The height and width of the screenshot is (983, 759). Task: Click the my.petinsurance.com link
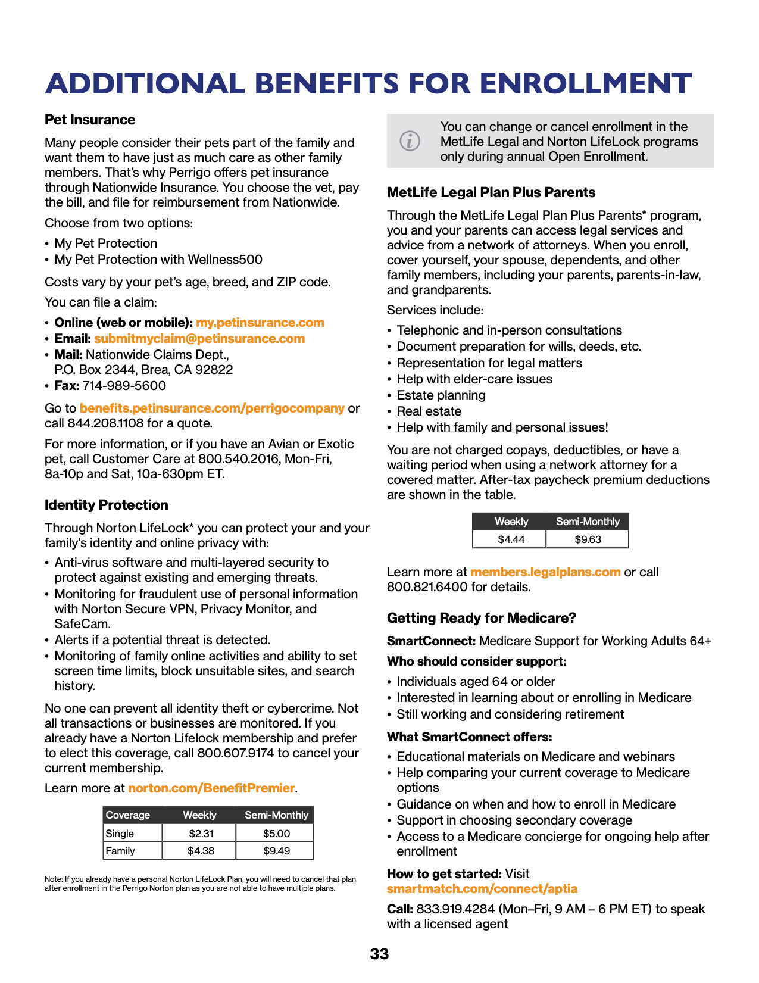pos(260,323)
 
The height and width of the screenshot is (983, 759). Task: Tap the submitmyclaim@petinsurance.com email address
pos(199,339)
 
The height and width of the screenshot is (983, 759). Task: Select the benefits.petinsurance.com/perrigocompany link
pos(212,408)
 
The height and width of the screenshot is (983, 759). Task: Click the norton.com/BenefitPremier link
pos(211,788)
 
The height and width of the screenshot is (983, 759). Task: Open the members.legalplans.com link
pos(545,572)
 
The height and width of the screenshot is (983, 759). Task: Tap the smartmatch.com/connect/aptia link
pos(482,889)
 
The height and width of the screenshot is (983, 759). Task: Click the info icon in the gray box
pos(410,141)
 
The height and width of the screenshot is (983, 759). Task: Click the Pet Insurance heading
pos(90,120)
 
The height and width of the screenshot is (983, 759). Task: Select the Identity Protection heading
pos(107,505)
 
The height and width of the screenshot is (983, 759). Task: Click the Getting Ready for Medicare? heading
pos(482,618)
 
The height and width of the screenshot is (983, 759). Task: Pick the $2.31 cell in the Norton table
pos(201,834)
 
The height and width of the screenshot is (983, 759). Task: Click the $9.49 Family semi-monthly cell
pos(276,851)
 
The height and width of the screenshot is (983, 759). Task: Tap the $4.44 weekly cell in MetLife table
pos(511,539)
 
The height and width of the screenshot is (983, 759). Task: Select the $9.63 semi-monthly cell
pos(588,539)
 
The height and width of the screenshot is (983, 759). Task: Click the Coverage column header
pos(128,815)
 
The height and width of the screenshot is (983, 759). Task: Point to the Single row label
pos(120,834)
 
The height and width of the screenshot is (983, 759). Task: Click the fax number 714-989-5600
pos(124,386)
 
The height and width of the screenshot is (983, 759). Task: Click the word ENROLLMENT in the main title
pos(586,83)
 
